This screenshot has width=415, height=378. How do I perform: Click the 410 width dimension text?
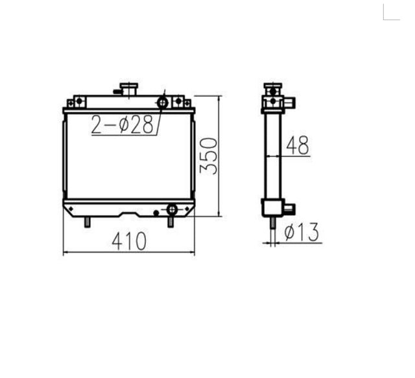click(x=129, y=241)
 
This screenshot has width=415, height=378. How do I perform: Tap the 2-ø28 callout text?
click(x=123, y=125)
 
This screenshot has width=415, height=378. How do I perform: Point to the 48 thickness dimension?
click(x=297, y=146)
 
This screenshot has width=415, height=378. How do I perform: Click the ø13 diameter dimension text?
click(x=302, y=232)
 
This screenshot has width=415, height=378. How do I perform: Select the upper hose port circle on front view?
click(x=162, y=102)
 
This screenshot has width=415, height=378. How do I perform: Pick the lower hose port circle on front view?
click(x=172, y=209)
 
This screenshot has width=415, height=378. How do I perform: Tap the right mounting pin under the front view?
click(x=171, y=221)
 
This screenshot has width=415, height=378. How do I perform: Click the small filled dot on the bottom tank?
click(x=156, y=212)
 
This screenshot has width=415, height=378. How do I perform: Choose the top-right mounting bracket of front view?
click(x=181, y=102)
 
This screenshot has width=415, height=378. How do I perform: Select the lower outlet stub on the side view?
click(x=289, y=208)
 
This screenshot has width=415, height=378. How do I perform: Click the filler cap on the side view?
click(x=272, y=88)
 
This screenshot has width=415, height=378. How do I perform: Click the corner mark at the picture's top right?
click(x=392, y=13)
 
